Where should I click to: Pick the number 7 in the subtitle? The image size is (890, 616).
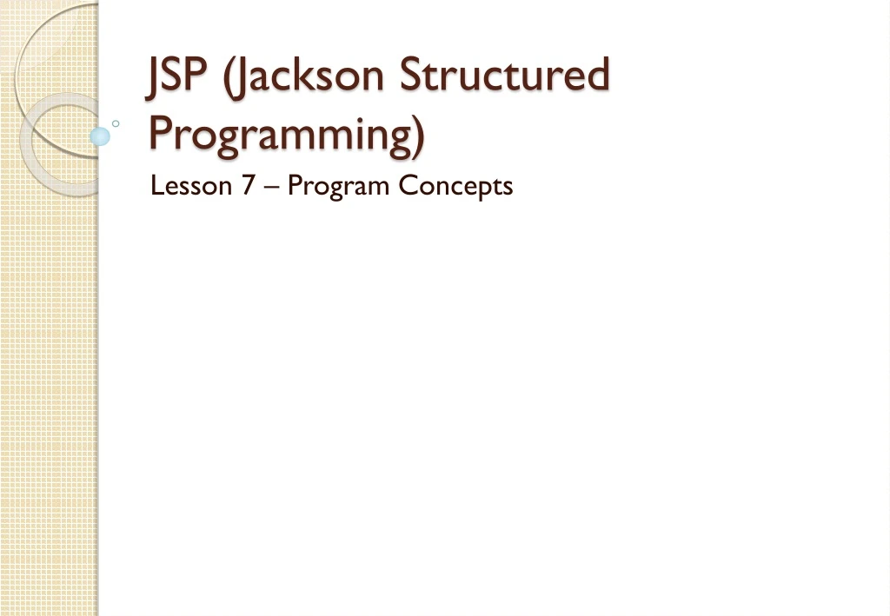(x=249, y=185)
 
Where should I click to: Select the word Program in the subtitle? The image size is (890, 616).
(x=338, y=187)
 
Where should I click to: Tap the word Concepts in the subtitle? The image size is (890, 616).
(x=456, y=187)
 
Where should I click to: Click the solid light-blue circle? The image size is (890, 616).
(x=100, y=136)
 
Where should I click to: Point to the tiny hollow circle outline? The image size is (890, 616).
(x=116, y=123)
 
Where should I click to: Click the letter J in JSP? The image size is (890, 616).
(x=154, y=76)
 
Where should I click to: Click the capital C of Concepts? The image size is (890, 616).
(x=408, y=185)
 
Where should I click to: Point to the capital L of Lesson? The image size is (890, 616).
(x=156, y=185)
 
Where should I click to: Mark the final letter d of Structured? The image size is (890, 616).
(x=597, y=75)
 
